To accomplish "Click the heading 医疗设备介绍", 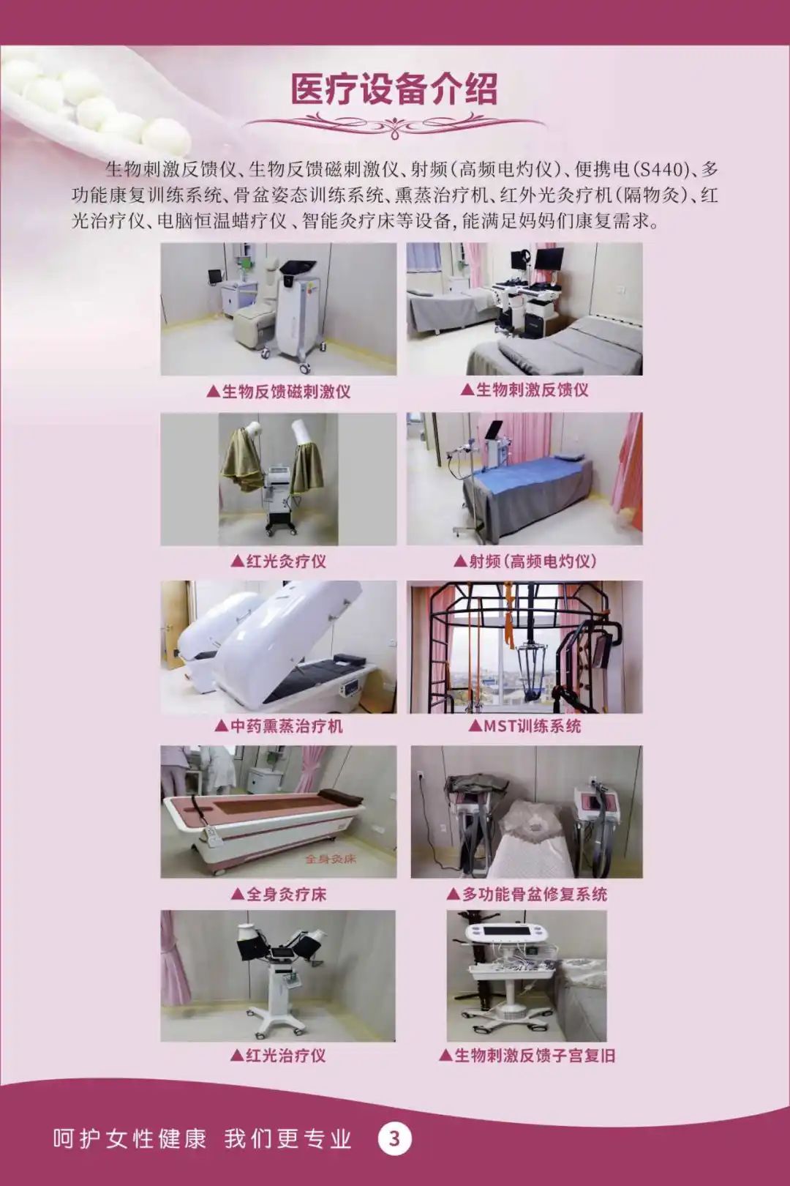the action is click(395, 89).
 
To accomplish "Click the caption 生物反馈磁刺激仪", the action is click(279, 391).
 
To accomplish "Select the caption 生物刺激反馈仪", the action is click(524, 389).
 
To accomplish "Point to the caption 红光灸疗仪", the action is click(279, 562).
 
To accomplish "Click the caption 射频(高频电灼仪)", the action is click(525, 562).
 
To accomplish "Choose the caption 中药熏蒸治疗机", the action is click(279, 726).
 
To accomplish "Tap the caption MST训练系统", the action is click(524, 726).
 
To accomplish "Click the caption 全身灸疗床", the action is click(279, 895).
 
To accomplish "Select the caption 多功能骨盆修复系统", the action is click(527, 895).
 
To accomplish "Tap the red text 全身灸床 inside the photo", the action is click(331, 859).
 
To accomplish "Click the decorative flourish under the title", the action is click(395, 125).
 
